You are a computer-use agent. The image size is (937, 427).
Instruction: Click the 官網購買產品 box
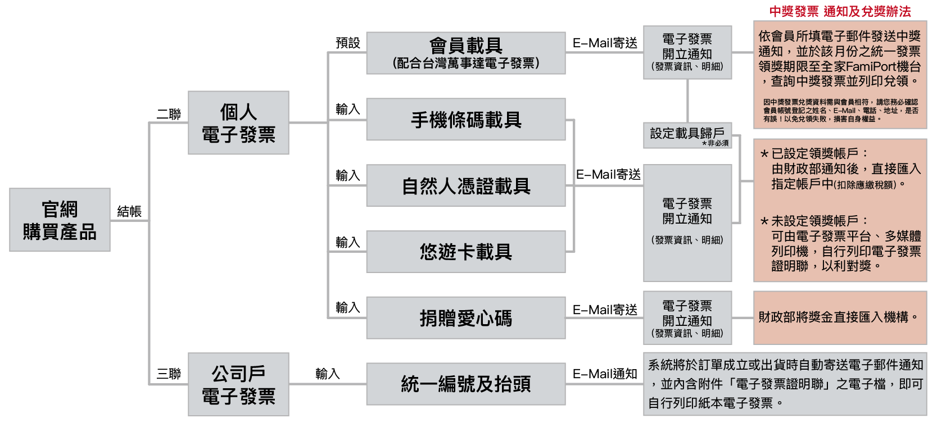(x=60, y=220)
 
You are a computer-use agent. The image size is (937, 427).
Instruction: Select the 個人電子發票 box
(x=238, y=122)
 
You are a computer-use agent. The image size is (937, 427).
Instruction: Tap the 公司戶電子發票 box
(x=238, y=384)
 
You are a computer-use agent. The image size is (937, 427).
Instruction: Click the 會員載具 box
(x=465, y=53)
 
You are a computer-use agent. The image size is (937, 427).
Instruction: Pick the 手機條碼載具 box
(x=465, y=120)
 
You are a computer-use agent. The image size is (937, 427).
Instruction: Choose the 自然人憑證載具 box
(x=465, y=185)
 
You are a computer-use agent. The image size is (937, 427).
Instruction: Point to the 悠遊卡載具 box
(x=465, y=252)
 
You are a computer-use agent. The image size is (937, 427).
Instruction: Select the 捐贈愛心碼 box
(x=465, y=318)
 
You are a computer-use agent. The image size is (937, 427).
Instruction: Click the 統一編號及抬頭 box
(x=465, y=384)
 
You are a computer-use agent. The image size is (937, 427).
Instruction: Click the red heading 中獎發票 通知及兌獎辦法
(x=840, y=11)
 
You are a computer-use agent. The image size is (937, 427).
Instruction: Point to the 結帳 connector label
(x=129, y=211)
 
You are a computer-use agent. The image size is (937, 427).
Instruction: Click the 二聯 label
(x=169, y=114)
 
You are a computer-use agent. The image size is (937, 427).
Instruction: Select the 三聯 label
(x=169, y=374)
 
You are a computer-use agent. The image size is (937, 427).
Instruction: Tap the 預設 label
(x=347, y=43)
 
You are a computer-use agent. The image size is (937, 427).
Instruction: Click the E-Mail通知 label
(x=605, y=374)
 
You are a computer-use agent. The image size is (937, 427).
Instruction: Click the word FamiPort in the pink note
(x=871, y=66)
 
